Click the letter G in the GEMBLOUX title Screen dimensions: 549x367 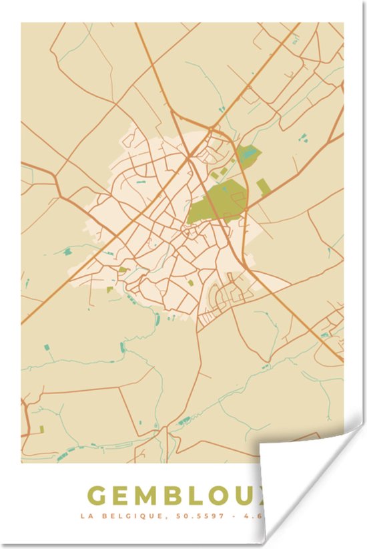click(97, 496)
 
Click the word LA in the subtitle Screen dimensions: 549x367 click(85, 516)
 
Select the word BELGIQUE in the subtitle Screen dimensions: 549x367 click(119, 516)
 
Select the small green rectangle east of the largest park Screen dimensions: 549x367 click(264, 187)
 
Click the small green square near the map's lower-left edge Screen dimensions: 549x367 click(41, 429)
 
